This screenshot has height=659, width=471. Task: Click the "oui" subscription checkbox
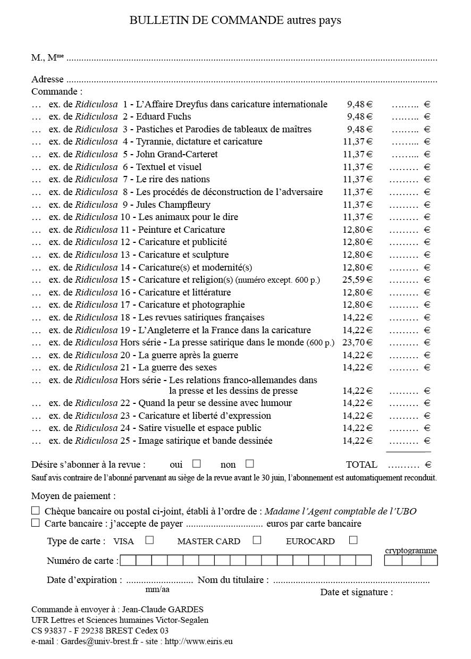[x=197, y=463]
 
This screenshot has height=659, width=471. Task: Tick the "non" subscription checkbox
[x=250, y=463]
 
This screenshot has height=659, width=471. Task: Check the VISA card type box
[x=150, y=540]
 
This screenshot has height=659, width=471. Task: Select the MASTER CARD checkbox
[x=257, y=540]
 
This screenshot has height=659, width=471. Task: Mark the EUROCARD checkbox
[x=353, y=540]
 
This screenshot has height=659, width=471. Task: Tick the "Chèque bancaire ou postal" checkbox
[x=36, y=511]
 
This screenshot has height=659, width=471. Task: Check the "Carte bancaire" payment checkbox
[x=36, y=523]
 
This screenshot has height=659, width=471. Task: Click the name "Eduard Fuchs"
[x=164, y=117]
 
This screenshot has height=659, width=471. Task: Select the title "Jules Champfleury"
[x=173, y=205]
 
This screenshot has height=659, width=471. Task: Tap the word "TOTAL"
[x=361, y=464]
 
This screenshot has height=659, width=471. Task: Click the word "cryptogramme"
[x=410, y=551]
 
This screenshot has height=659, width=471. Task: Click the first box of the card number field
[x=128, y=560]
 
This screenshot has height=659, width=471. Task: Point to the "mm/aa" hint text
[x=157, y=589]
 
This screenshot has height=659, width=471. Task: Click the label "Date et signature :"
[x=356, y=592]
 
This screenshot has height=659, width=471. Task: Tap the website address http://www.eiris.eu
[x=199, y=641]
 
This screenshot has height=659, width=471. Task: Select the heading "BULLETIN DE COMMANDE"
[x=206, y=21]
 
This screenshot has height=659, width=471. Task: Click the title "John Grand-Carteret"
[x=177, y=155]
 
